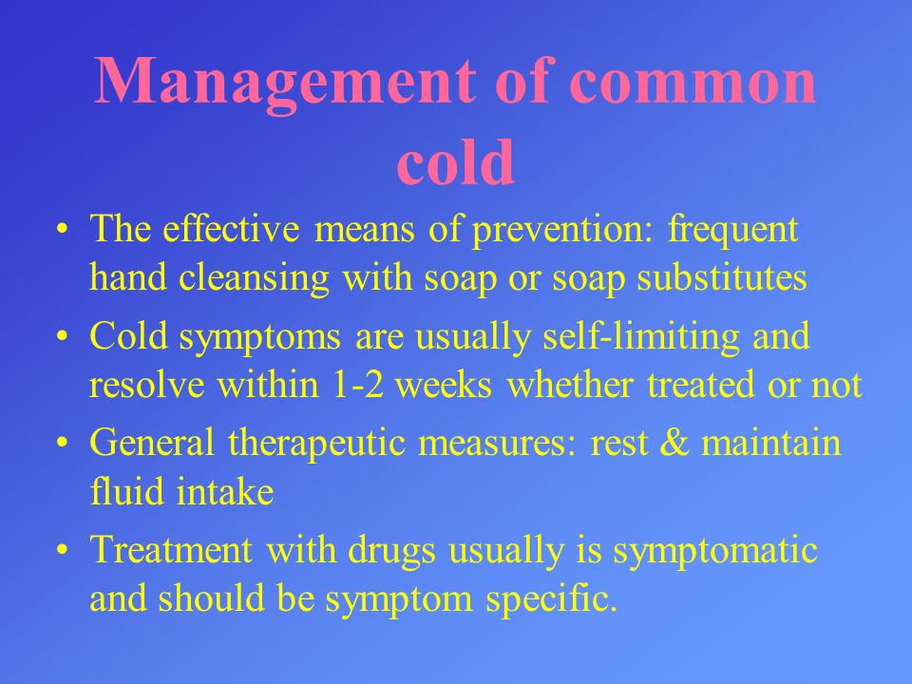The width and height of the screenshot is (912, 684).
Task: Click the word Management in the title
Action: (284, 82)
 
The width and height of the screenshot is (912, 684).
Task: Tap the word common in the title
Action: (693, 82)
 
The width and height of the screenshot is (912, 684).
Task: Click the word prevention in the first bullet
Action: (560, 230)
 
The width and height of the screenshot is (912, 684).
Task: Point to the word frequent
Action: (732, 230)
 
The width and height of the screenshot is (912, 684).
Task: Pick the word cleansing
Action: (255, 278)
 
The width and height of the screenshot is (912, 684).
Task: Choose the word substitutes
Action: (722, 277)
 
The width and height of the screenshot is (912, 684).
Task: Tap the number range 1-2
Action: (358, 385)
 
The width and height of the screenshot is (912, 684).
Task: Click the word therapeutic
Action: (317, 444)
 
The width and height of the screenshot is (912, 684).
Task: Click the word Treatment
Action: (172, 550)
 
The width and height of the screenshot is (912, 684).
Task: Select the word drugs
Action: (391, 551)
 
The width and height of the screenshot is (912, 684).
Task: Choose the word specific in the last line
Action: (551, 600)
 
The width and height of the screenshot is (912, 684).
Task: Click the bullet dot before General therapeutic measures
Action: (63, 444)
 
